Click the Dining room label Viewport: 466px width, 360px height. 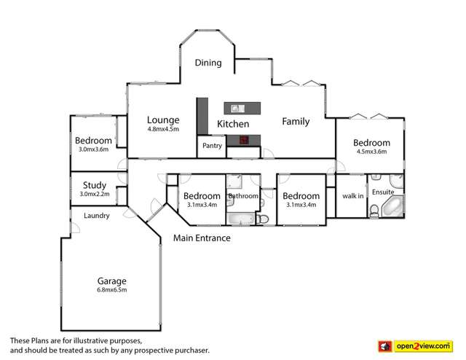[x=208, y=63]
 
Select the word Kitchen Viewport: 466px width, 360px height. [x=233, y=125]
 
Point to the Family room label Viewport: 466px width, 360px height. [x=296, y=122]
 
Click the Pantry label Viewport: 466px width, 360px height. [x=212, y=146]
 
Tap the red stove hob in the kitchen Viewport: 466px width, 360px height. [x=245, y=139]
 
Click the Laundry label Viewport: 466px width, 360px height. [x=96, y=216]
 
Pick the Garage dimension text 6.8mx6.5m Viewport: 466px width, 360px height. [x=112, y=290]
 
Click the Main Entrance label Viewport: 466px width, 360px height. [x=202, y=238]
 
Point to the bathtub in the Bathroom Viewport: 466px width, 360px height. [x=240, y=218]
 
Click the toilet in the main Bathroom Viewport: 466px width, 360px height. [x=264, y=218]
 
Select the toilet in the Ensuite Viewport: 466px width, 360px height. [x=374, y=211]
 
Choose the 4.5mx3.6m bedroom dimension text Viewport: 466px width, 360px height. [x=371, y=152]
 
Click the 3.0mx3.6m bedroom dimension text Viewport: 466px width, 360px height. [x=93, y=149]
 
